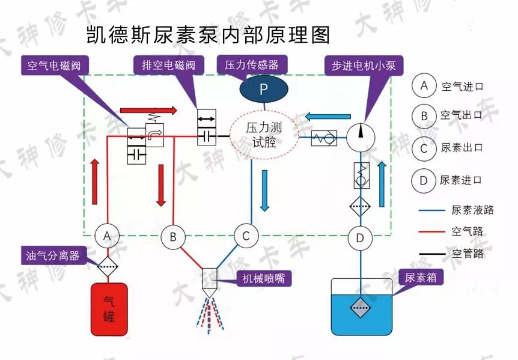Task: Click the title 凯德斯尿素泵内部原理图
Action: point(208,34)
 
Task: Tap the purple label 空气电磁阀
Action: point(53,65)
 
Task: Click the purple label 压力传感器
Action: point(251,64)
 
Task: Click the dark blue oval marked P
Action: point(264,90)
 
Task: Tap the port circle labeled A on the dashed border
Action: point(107,236)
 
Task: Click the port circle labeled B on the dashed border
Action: point(173,237)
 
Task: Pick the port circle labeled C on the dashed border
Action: point(246,236)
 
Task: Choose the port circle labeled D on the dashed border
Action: point(360,237)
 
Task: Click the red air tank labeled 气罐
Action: point(109,309)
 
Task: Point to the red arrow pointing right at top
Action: point(148,111)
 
